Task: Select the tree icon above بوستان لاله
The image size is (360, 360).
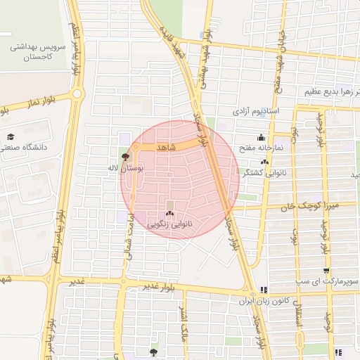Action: click(x=126, y=156)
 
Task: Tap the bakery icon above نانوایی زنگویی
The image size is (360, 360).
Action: click(x=169, y=213)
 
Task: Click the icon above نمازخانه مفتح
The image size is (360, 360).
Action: click(x=262, y=137)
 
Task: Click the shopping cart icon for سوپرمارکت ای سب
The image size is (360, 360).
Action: click(x=327, y=271)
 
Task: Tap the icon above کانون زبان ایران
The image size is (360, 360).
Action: click(x=263, y=289)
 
